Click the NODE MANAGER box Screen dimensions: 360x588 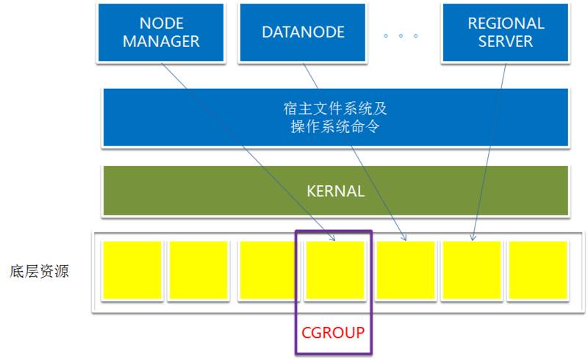161,32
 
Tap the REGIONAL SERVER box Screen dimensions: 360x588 506,32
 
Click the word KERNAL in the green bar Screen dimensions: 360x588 335,191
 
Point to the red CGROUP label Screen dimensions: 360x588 333,333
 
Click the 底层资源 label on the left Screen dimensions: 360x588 40,271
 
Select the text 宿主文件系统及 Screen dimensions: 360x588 335,109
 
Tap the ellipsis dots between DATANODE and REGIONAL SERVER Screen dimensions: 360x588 401,35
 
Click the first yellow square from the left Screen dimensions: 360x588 132,270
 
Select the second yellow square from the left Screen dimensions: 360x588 197,270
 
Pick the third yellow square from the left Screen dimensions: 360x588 267,270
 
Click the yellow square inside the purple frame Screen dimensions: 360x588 334,270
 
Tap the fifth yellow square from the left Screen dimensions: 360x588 406,270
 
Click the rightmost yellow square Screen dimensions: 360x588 538,270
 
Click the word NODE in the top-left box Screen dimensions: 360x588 161,24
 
